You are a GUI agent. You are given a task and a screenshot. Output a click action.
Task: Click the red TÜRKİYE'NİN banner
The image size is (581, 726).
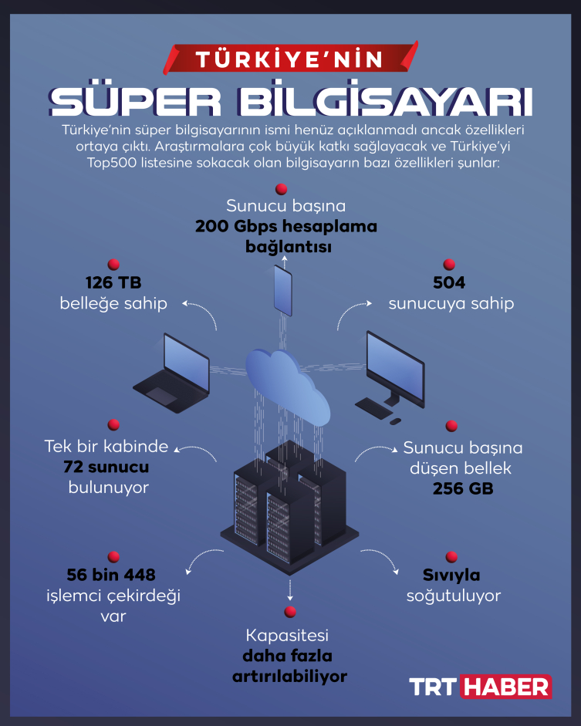pyautogui.click(x=291, y=59)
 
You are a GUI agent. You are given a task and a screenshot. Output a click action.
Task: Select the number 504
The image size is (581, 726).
pyautogui.click(x=449, y=282)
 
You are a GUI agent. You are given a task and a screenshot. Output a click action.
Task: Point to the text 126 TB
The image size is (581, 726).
pyautogui.click(x=113, y=282)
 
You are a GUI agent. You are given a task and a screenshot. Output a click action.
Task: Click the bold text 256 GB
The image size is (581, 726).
pyautogui.click(x=463, y=488)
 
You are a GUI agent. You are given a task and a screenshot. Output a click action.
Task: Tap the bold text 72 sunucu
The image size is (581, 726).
pyautogui.click(x=106, y=467)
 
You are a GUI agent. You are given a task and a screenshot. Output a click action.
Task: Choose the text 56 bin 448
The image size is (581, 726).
pyautogui.click(x=111, y=575)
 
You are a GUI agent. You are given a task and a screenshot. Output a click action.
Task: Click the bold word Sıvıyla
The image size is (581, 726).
pyautogui.click(x=451, y=575)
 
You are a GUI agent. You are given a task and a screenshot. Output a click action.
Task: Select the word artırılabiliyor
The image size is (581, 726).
pyautogui.click(x=290, y=677)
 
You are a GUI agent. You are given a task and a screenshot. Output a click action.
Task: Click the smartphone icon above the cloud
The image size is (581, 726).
pyautogui.click(x=283, y=290)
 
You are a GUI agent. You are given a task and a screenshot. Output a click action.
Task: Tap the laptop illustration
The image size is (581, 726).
pyautogui.click(x=172, y=373)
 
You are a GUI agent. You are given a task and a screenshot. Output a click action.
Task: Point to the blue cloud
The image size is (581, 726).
pyautogui.click(x=288, y=386)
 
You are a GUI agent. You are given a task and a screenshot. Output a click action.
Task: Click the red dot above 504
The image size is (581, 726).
pyautogui.click(x=449, y=265)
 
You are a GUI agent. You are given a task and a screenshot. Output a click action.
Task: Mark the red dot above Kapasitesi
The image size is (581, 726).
pyautogui.click(x=290, y=612)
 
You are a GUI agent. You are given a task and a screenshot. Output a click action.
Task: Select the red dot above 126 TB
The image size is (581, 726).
pyautogui.click(x=113, y=265)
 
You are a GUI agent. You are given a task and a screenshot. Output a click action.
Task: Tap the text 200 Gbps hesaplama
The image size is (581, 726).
pyautogui.click(x=286, y=226)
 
